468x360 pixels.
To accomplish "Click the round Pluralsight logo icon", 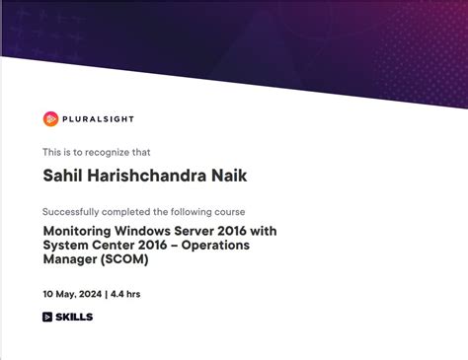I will (x=50, y=119).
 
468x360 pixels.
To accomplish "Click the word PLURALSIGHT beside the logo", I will (x=99, y=119).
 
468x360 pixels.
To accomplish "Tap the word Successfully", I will (x=74, y=212).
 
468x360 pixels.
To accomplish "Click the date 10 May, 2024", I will (x=73, y=294).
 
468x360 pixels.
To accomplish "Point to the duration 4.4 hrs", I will (x=126, y=294).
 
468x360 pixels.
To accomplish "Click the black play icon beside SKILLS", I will (x=47, y=317).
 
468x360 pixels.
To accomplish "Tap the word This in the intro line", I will (x=51, y=152).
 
